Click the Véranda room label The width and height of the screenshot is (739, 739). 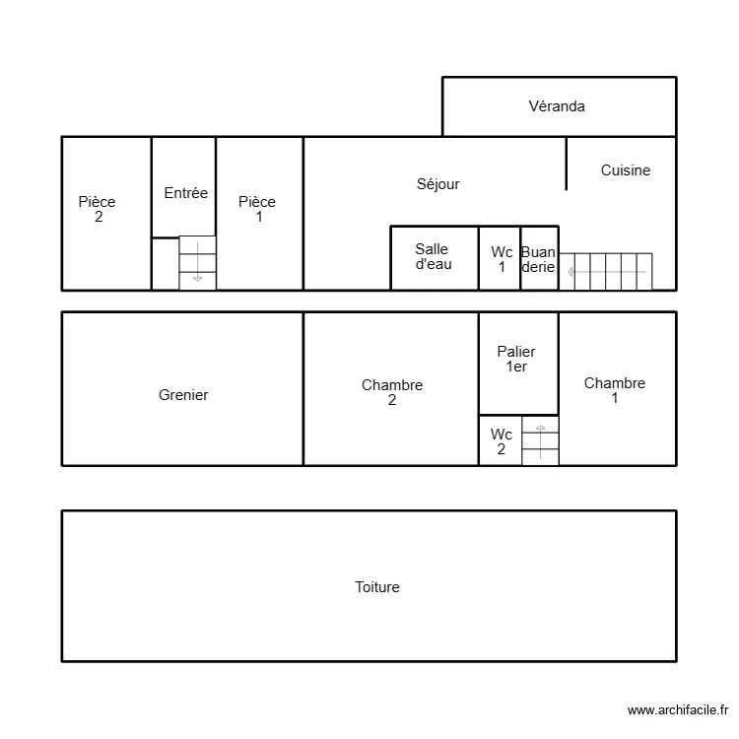point(557,106)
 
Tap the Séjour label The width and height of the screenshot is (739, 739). point(437,184)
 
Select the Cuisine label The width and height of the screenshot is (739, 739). point(626,170)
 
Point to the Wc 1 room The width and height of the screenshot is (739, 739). point(501,259)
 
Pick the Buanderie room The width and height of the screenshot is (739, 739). point(539,259)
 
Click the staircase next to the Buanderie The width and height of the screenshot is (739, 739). point(606,271)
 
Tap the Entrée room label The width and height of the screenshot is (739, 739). point(185,193)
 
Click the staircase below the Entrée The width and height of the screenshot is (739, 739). point(197,263)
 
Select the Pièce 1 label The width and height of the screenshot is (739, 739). point(258,209)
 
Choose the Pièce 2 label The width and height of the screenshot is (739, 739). point(98,209)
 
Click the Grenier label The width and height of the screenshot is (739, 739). point(183,395)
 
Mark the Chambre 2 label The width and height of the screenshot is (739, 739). point(392,392)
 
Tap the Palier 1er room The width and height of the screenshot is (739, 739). point(517,359)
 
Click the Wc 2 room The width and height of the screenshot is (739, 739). point(501,441)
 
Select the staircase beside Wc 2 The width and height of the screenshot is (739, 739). point(540,441)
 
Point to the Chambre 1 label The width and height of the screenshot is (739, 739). point(615,390)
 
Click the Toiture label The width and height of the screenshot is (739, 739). point(377,587)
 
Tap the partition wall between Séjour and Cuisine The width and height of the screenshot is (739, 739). point(567,164)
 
